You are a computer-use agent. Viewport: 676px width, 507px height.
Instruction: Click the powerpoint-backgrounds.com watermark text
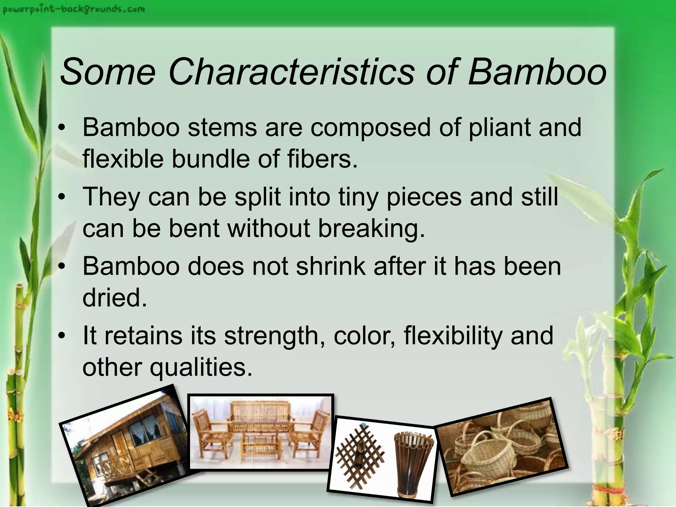(x=73, y=10)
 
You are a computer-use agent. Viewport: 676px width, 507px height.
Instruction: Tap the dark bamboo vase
(x=413, y=462)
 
